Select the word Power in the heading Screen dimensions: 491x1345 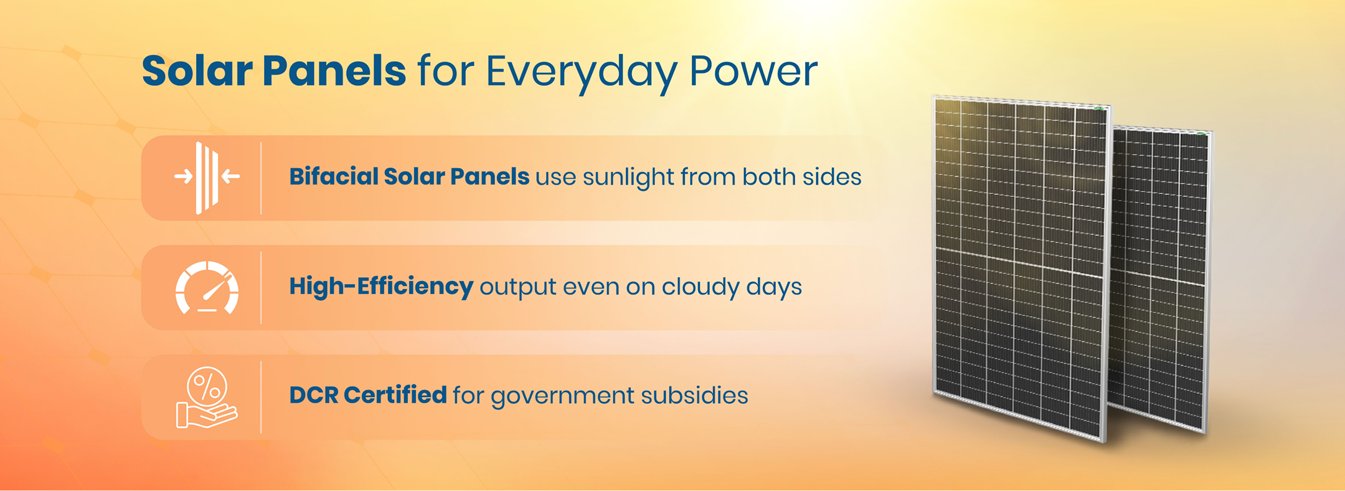click(753, 70)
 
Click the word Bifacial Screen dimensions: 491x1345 click(333, 177)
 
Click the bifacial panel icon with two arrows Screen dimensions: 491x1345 click(207, 178)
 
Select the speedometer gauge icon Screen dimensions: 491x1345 click(207, 288)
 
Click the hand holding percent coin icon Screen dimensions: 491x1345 click(207, 398)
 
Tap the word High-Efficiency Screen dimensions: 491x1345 click(380, 287)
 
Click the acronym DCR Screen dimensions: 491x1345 click(313, 395)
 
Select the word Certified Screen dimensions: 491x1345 click(395, 395)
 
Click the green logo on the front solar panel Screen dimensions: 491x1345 click(1100, 108)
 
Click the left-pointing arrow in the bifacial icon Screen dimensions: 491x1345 click(231, 176)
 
